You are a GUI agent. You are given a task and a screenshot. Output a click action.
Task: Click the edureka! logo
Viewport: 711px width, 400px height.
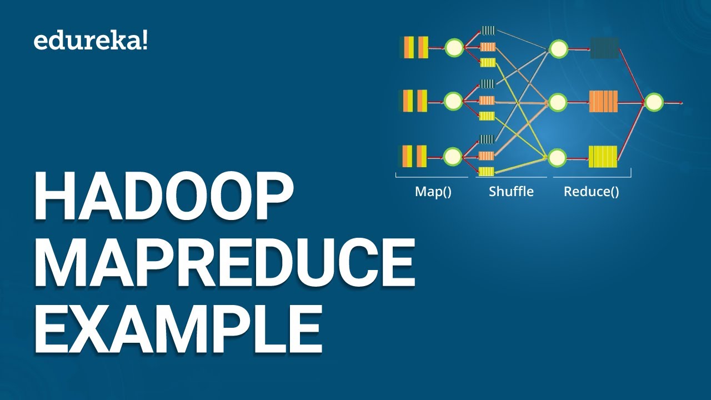coord(91,41)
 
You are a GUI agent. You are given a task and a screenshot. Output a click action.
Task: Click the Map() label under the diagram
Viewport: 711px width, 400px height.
coord(433,192)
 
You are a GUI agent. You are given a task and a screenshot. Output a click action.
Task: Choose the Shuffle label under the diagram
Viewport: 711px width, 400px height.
coord(511,192)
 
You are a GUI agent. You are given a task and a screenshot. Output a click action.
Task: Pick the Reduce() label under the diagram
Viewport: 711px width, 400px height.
coord(592,192)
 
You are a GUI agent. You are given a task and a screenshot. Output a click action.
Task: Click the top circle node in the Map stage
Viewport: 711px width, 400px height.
coord(454,48)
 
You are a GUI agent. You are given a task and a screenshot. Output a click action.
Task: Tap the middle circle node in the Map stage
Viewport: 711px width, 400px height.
coord(454,101)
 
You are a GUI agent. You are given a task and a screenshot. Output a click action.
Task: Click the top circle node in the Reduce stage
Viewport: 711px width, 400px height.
coord(558,49)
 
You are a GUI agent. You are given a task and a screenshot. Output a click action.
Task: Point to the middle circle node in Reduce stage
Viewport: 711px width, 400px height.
coord(558,102)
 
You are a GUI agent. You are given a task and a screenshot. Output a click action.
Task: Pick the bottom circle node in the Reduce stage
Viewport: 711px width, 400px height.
coord(557,158)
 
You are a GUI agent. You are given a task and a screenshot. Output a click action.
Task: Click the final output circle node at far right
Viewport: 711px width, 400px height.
coord(654,102)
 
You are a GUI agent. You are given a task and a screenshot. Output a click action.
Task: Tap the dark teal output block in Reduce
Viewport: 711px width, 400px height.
coord(604,48)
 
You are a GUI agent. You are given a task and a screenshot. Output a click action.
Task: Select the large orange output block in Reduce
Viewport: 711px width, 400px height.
coord(603,102)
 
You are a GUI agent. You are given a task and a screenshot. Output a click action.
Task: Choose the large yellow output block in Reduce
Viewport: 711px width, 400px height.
coord(603,157)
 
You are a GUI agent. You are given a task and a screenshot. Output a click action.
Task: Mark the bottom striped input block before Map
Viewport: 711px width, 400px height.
coord(414,156)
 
